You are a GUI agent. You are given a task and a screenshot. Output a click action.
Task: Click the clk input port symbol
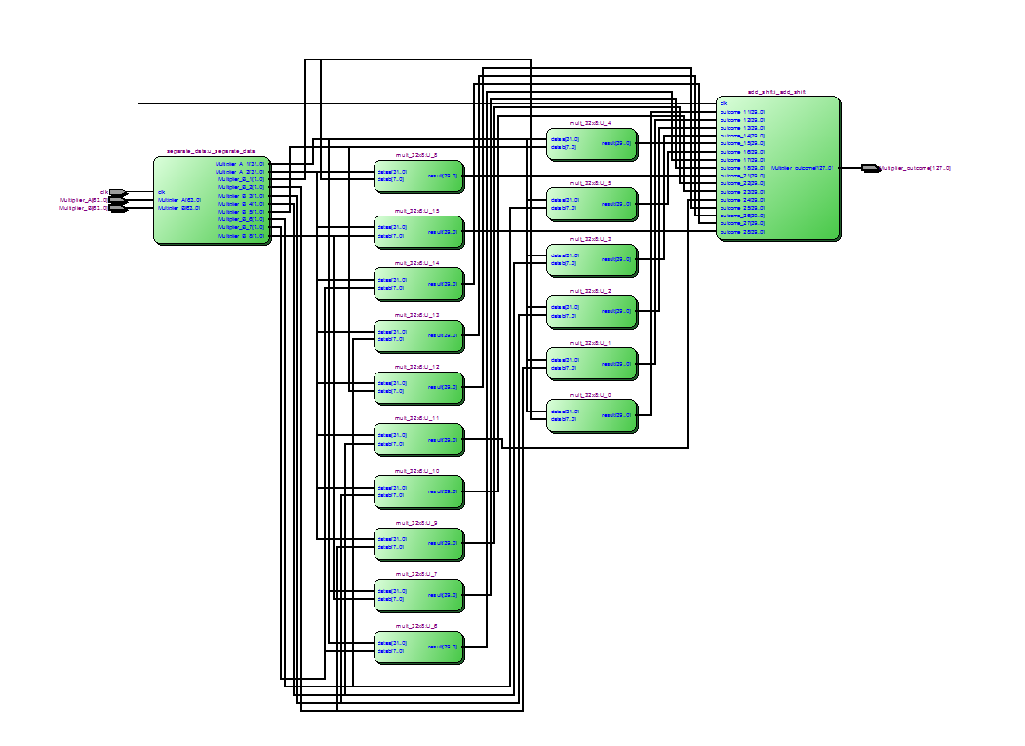pyautogui.click(x=116, y=192)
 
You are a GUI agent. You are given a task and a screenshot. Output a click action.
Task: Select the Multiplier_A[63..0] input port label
pyautogui.click(x=83, y=200)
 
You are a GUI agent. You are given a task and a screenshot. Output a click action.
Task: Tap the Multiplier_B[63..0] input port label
pyautogui.click(x=83, y=208)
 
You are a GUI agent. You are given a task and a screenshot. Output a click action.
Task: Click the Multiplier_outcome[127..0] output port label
pyautogui.click(x=915, y=168)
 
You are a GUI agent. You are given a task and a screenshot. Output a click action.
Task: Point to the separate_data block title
pyautogui.click(x=211, y=151)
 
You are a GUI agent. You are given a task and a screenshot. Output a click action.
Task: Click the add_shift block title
pyautogui.click(x=776, y=91)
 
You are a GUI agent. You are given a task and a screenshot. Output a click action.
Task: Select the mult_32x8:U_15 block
pyautogui.click(x=418, y=231)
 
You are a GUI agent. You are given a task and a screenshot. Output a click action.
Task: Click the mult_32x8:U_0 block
pyautogui.click(x=592, y=415)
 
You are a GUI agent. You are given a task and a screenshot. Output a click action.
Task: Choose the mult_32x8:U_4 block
pyautogui.click(x=592, y=143)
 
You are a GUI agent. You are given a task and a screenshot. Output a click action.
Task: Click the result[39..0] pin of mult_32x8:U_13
pyautogui.click(x=443, y=334)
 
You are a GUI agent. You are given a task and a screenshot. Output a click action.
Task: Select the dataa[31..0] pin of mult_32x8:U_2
pyautogui.click(x=565, y=307)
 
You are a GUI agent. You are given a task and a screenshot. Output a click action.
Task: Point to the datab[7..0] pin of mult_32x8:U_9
pyautogui.click(x=390, y=547)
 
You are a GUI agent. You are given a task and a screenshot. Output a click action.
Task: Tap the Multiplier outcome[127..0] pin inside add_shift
pyautogui.click(x=802, y=168)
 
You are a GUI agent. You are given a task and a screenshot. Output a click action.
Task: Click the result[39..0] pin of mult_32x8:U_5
pyautogui.click(x=616, y=204)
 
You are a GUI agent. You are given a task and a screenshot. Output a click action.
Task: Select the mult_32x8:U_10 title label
pyautogui.click(x=417, y=470)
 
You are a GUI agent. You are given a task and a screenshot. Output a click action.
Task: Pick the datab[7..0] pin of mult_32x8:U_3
pyautogui.click(x=563, y=263)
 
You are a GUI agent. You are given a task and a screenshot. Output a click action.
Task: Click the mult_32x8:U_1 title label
pyautogui.click(x=591, y=343)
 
